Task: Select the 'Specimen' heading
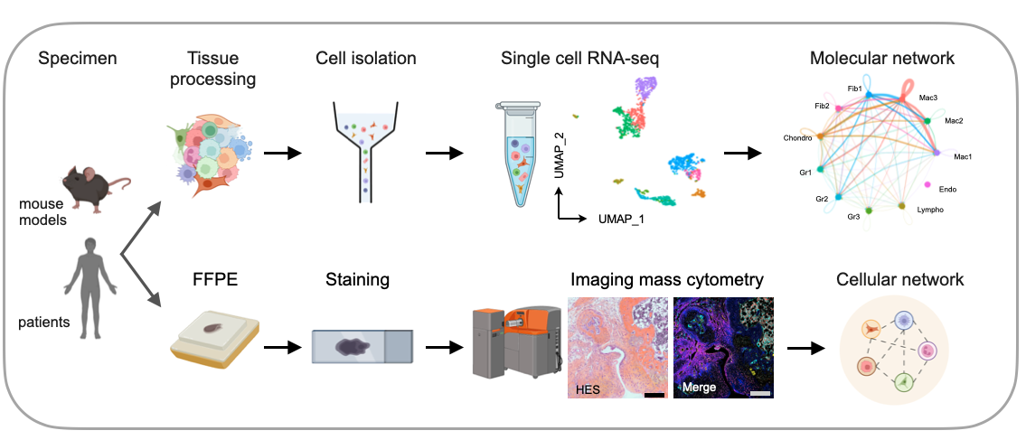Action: (x=78, y=60)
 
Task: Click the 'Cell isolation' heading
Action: (x=366, y=59)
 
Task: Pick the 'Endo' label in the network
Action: (x=947, y=189)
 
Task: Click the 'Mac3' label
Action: (x=928, y=96)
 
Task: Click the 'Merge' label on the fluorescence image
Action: (x=701, y=387)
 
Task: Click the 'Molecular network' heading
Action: (x=882, y=59)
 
